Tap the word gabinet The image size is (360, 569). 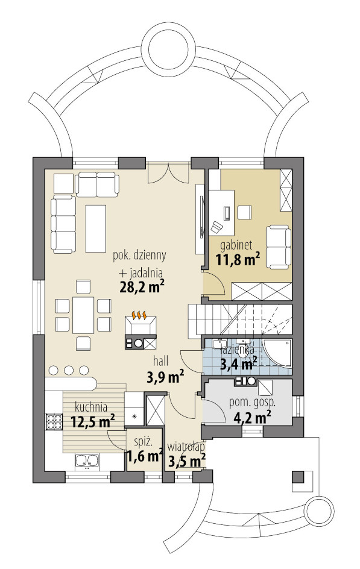click(x=236, y=245)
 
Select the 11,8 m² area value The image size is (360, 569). click(x=238, y=259)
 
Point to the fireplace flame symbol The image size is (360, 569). click(x=140, y=315)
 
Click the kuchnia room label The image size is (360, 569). click(x=90, y=406)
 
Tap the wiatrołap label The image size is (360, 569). click(x=186, y=446)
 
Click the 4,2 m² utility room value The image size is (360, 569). click(x=252, y=417)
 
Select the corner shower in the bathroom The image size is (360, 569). click(x=277, y=353)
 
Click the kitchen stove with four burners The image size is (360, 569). click(x=53, y=422)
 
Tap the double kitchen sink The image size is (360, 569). click(x=87, y=461)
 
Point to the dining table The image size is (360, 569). click(x=83, y=315)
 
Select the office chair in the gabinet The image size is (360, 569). click(x=216, y=227)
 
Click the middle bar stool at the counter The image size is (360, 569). click(x=69, y=369)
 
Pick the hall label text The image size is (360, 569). click(x=161, y=360)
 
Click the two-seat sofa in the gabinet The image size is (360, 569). click(x=279, y=247)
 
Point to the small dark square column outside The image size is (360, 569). click(x=298, y=476)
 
